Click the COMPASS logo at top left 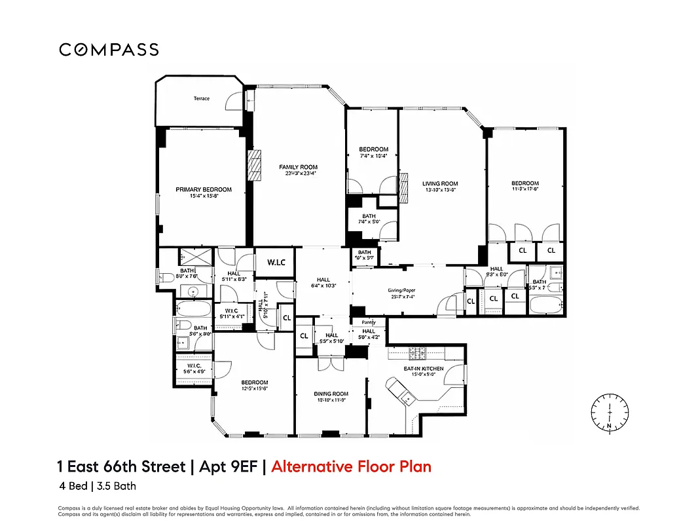[x=109, y=50]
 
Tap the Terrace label [x=201, y=98]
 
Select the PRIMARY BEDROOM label [x=203, y=190]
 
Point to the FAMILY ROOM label [x=298, y=168]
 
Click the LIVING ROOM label [x=439, y=184]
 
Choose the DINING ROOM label [x=331, y=394]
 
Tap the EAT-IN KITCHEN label [x=423, y=369]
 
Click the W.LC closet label [x=274, y=263]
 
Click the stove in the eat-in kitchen [x=417, y=354]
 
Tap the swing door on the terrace [x=233, y=100]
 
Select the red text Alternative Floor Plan [x=351, y=467]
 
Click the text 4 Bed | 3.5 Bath [x=96, y=486]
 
